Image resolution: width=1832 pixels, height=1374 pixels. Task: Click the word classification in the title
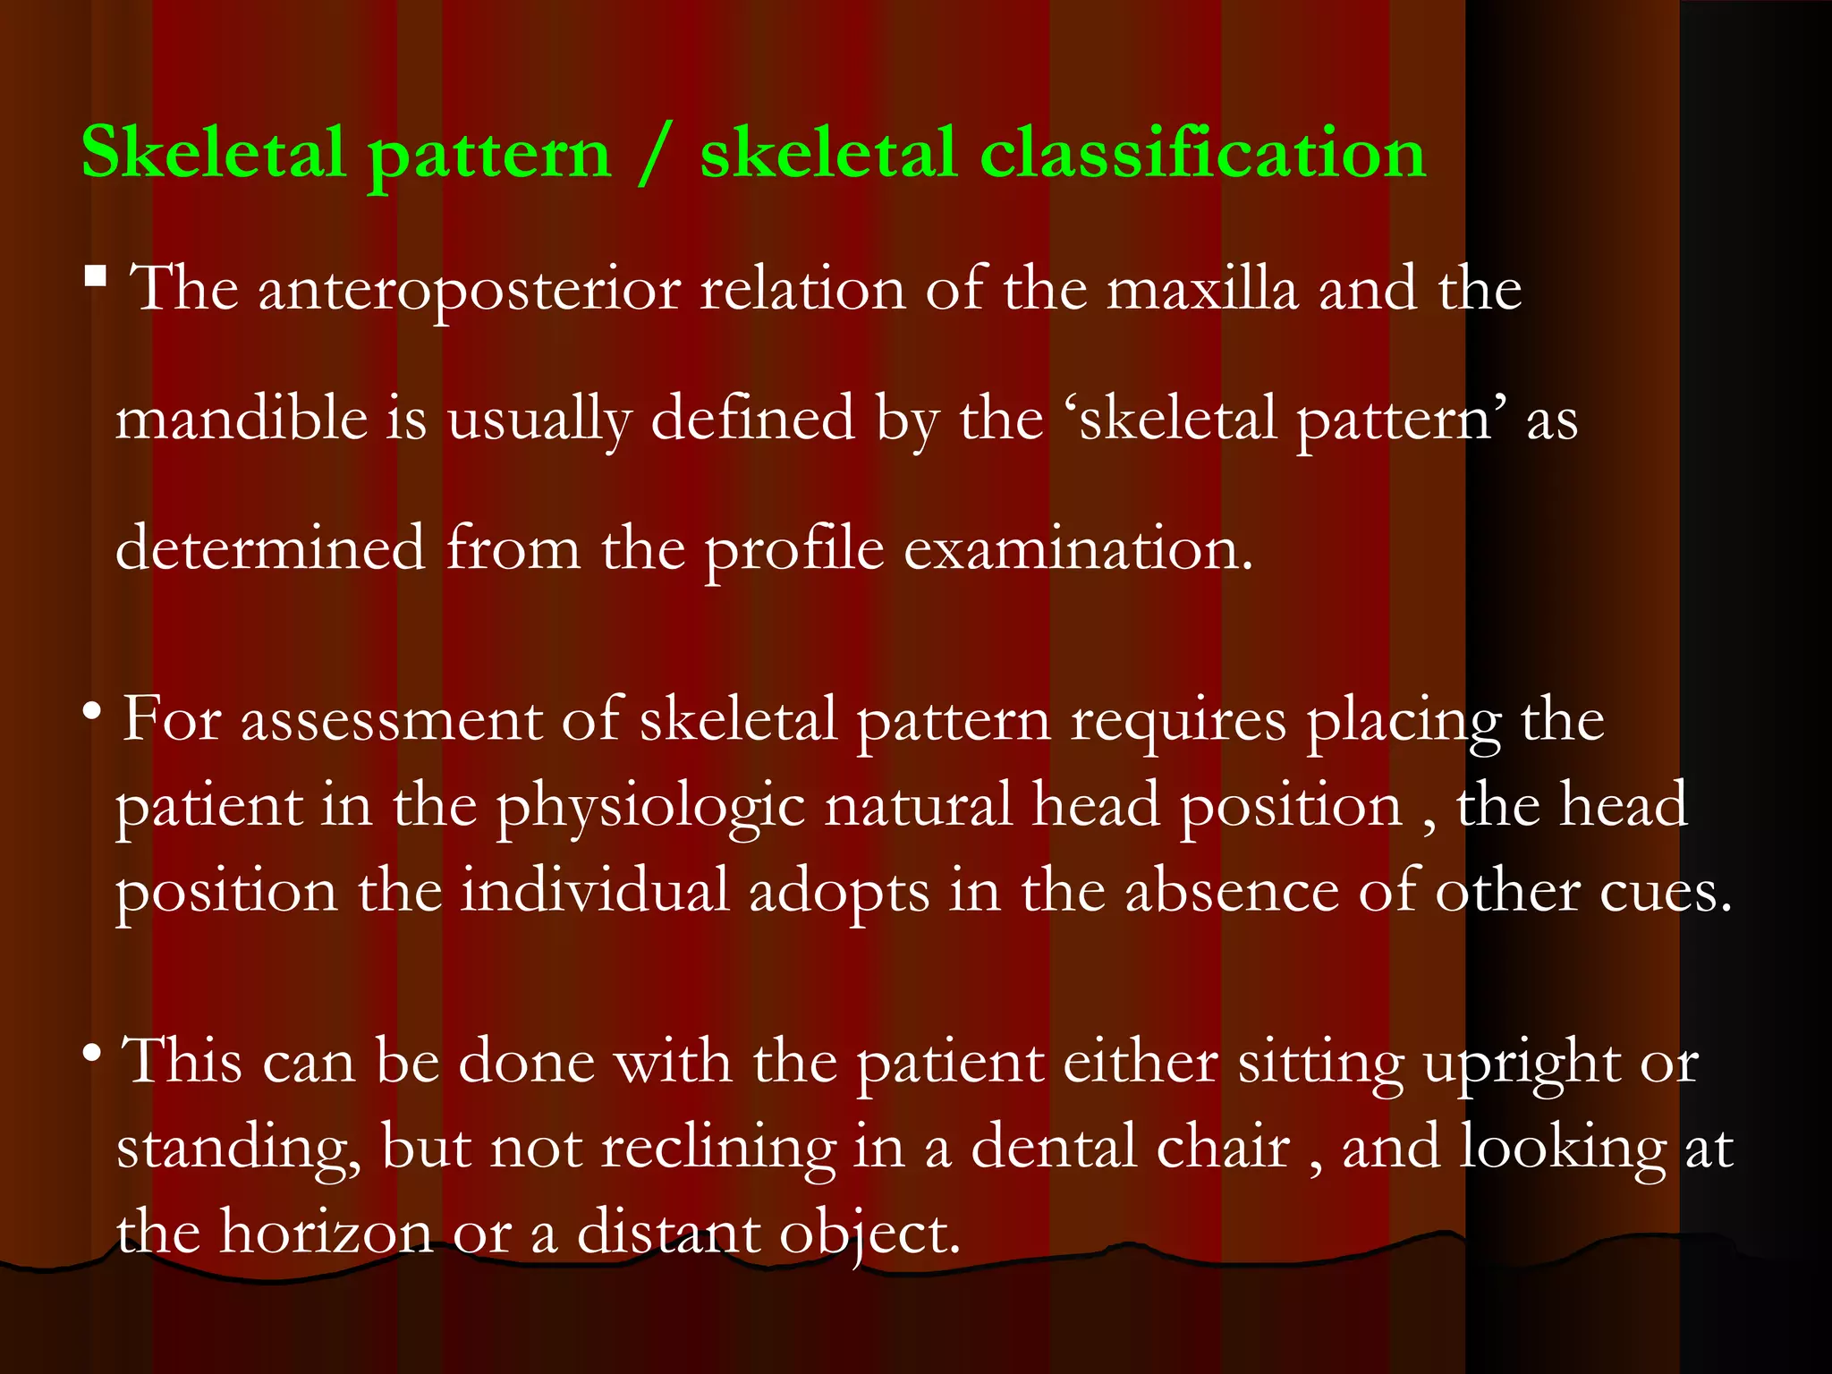[1202, 153]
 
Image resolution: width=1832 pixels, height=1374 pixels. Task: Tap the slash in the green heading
[655, 155]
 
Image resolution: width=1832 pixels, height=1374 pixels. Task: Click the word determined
[270, 547]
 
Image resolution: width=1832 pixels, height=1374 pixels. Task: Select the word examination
[1078, 547]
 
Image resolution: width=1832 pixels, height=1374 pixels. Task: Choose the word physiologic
[650, 808]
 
